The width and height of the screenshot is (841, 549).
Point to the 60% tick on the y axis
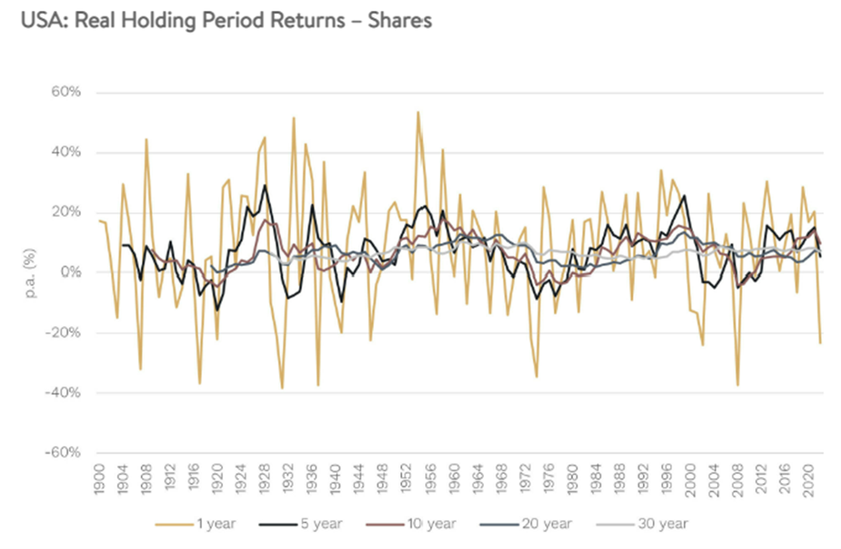[x=65, y=93]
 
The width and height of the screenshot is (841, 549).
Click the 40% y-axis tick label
[x=65, y=153]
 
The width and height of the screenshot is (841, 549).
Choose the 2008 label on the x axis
[x=737, y=480]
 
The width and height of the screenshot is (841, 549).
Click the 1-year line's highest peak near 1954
[x=417, y=112]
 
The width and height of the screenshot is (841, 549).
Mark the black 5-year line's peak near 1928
[x=265, y=185]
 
